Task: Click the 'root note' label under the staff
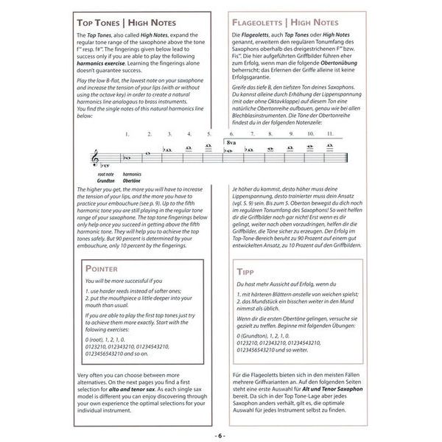click(x=106, y=175)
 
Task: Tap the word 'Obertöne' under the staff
click(x=133, y=180)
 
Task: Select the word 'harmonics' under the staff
click(x=133, y=175)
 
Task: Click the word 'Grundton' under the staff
click(x=106, y=180)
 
